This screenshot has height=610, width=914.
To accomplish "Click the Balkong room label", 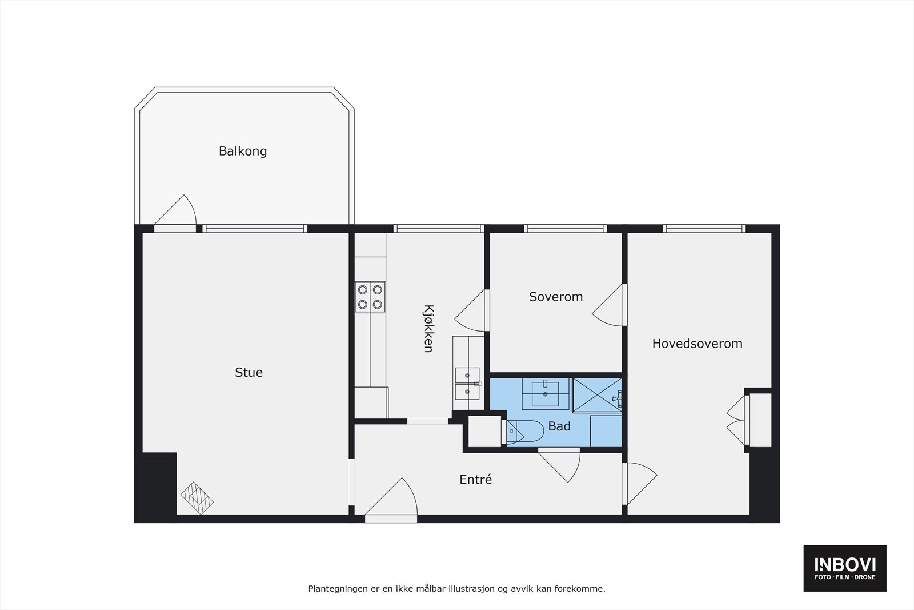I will pyautogui.click(x=243, y=151).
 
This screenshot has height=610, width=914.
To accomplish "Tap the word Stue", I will pyautogui.click(x=249, y=373).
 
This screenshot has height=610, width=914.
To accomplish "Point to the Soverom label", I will pyautogui.click(x=556, y=297).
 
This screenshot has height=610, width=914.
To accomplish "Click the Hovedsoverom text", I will pyautogui.click(x=697, y=344).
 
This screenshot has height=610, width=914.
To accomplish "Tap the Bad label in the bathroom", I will pyautogui.click(x=559, y=426).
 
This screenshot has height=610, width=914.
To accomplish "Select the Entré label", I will pyautogui.click(x=475, y=480).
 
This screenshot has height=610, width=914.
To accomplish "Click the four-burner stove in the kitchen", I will pyautogui.click(x=370, y=297).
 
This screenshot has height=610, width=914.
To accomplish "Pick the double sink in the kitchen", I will pyautogui.click(x=467, y=384).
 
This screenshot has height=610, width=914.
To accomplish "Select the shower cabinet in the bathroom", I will pyautogui.click(x=596, y=394).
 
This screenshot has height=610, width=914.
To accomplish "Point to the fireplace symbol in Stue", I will pyautogui.click(x=197, y=496).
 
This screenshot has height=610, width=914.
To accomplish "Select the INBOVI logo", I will pyautogui.click(x=845, y=568).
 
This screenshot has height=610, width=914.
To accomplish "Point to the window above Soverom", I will pyautogui.click(x=566, y=228).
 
